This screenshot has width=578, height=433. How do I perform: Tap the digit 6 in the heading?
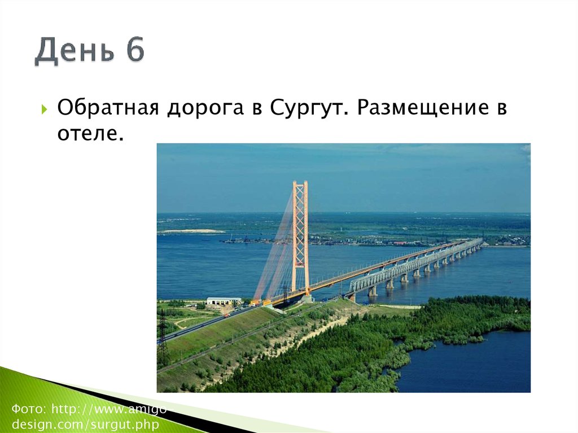135,51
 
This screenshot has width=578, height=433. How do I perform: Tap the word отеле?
90,134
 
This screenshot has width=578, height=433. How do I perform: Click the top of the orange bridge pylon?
300,184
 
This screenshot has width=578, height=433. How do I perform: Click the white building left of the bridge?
223,301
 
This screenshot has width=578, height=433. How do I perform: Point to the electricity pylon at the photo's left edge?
163,339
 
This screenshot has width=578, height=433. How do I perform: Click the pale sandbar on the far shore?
192,231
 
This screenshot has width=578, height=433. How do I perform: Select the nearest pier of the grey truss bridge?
373,291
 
